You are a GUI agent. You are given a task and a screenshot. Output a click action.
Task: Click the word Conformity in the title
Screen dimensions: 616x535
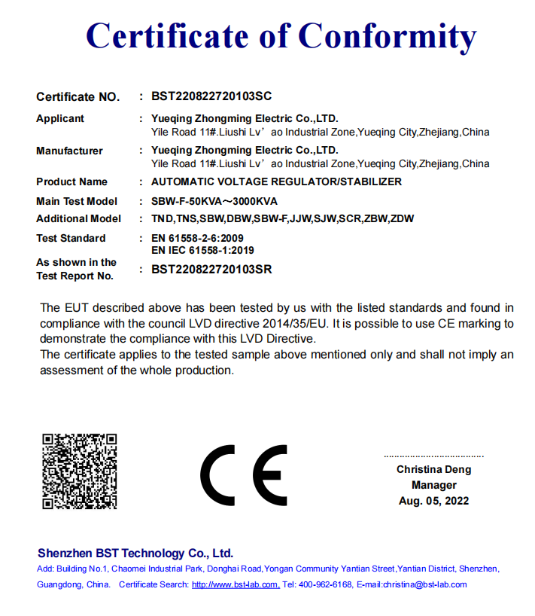click(388, 35)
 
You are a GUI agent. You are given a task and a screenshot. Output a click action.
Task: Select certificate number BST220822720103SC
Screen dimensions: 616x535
click(211, 96)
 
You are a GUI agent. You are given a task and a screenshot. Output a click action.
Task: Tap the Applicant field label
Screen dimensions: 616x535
click(60, 118)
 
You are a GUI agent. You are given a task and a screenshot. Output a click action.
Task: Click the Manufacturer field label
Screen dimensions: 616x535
click(69, 151)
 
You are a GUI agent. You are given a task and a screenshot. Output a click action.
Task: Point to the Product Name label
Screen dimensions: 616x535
click(71, 181)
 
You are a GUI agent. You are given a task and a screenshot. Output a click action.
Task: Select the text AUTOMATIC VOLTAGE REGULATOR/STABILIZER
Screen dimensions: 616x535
click(276, 181)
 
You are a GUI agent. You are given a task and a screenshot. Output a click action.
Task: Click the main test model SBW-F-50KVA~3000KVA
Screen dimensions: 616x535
click(214, 201)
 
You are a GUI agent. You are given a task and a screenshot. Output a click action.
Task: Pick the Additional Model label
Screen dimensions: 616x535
click(78, 218)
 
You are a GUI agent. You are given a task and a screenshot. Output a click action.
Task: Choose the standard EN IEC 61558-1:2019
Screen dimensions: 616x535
click(202, 250)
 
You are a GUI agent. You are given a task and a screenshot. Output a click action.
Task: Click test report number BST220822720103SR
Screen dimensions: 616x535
click(211, 269)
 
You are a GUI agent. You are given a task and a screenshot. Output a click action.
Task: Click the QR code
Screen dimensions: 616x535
click(79, 471)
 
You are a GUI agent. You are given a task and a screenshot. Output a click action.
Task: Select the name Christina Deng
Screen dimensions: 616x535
click(433, 469)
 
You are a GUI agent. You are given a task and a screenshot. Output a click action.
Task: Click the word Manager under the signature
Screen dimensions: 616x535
click(433, 485)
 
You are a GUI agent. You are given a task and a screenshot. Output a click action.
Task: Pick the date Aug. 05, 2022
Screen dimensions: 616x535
click(433, 501)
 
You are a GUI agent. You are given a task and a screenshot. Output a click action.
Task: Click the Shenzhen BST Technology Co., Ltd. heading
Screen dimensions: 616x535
click(135, 553)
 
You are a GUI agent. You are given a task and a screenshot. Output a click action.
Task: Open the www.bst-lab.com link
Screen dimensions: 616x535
click(235, 584)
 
